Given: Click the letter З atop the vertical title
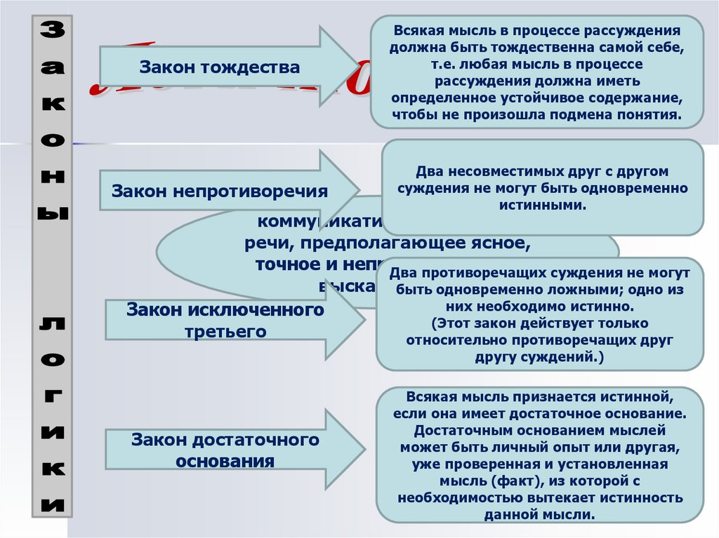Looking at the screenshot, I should coord(50,29).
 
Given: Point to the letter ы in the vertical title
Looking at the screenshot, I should coord(50,212).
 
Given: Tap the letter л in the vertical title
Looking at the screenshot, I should coord(50,323).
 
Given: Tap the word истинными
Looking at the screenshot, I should coord(542,205).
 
